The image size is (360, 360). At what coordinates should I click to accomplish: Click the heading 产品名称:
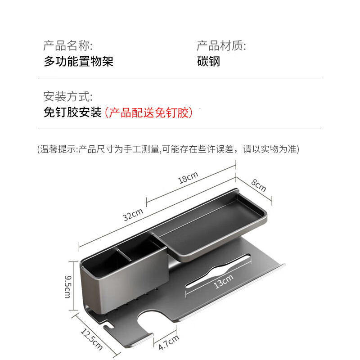[x=68, y=45]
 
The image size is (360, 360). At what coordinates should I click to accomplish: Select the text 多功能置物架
[x=78, y=61]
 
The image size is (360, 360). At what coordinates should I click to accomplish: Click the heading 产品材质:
[x=221, y=45]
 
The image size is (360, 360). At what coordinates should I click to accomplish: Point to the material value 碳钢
[x=208, y=61]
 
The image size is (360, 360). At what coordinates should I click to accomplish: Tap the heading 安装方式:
[x=68, y=97]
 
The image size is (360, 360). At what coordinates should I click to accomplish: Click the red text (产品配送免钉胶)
[x=148, y=112]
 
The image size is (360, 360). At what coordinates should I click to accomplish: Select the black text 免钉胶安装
[x=72, y=112]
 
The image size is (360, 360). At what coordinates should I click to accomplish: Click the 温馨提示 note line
[x=168, y=149]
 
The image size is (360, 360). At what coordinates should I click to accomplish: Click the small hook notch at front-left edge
[x=108, y=325]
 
